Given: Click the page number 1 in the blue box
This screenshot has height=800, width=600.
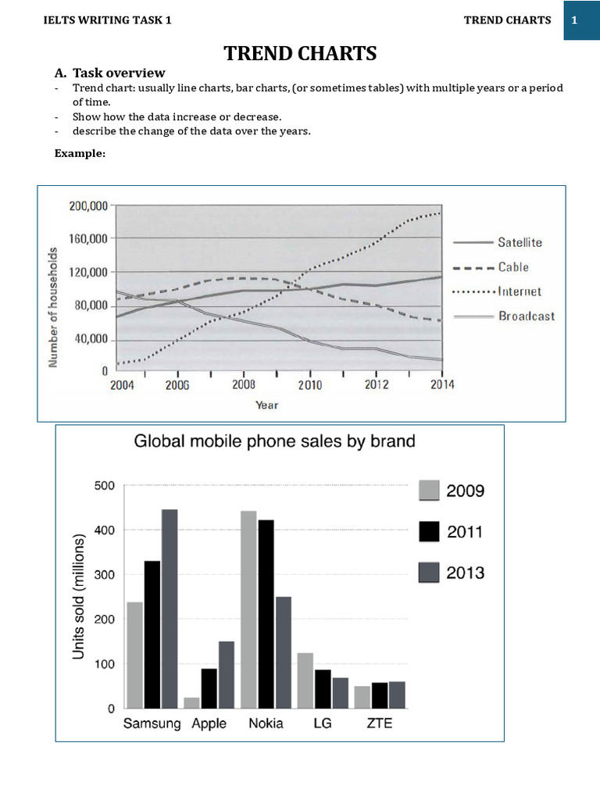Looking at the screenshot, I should tap(574, 20).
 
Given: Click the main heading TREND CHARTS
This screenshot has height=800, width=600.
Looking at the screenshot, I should tap(300, 53).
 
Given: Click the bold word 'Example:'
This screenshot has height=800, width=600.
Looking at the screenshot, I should tap(80, 153).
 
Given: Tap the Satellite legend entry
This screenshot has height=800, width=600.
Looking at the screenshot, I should tap(520, 242).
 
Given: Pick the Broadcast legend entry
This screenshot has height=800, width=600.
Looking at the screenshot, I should tap(526, 316).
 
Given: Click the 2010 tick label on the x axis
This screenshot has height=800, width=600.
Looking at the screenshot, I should tap(310, 385).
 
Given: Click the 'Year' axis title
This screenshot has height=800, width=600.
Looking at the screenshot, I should tap(266, 405).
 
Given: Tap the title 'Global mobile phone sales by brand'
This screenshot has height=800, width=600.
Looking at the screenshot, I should tap(275, 441).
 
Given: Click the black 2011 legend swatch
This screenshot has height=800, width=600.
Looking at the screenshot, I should tap(430, 532).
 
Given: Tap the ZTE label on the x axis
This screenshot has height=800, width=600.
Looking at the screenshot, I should tap(380, 723).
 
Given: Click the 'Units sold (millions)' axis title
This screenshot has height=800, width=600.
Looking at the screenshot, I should tap(78, 596).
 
